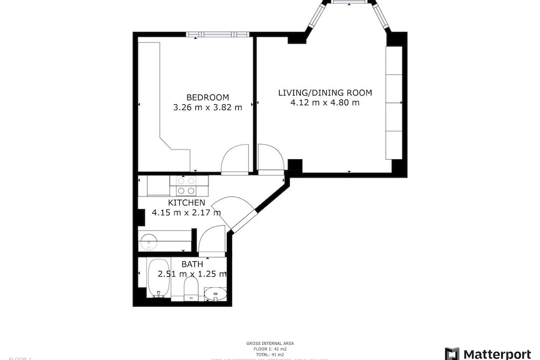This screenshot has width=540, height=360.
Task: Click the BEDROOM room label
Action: (x=207, y=97)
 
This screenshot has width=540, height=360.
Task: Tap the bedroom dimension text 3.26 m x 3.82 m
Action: (x=207, y=107)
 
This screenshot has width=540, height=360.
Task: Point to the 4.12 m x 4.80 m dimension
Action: (x=325, y=103)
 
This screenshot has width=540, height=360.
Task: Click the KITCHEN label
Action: (x=186, y=202)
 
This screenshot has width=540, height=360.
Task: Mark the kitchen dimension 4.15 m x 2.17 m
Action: (x=186, y=213)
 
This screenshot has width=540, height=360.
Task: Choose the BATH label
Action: (x=192, y=264)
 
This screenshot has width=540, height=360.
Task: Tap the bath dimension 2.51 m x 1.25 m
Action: (x=192, y=274)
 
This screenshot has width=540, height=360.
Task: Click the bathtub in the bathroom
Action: (x=158, y=278)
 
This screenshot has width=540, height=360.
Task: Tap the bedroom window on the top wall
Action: (x=219, y=35)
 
